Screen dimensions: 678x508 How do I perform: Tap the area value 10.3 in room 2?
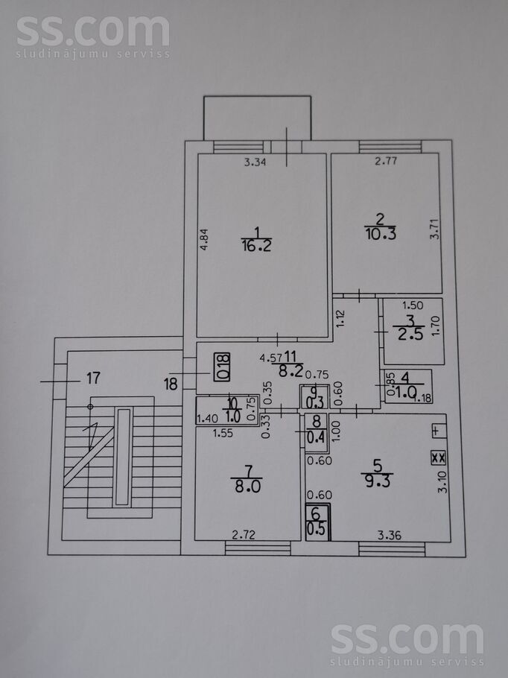(380, 232)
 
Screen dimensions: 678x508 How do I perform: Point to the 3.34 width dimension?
(256, 160)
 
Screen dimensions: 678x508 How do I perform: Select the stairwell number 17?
(92, 378)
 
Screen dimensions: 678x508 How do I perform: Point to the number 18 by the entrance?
(171, 384)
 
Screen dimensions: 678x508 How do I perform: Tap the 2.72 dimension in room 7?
(243, 533)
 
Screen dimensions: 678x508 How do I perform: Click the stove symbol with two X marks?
(438, 457)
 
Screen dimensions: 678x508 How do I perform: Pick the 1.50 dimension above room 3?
(413, 305)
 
